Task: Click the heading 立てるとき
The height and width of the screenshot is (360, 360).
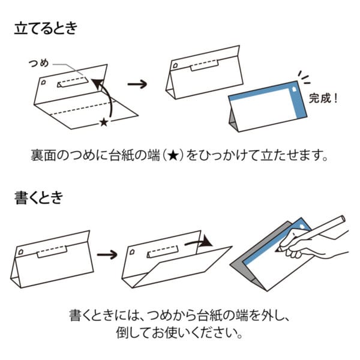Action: point(46,29)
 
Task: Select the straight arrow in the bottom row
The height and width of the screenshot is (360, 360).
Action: point(107,254)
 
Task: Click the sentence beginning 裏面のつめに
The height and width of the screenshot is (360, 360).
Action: point(180,156)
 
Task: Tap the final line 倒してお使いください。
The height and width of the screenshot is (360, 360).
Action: point(180,332)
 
